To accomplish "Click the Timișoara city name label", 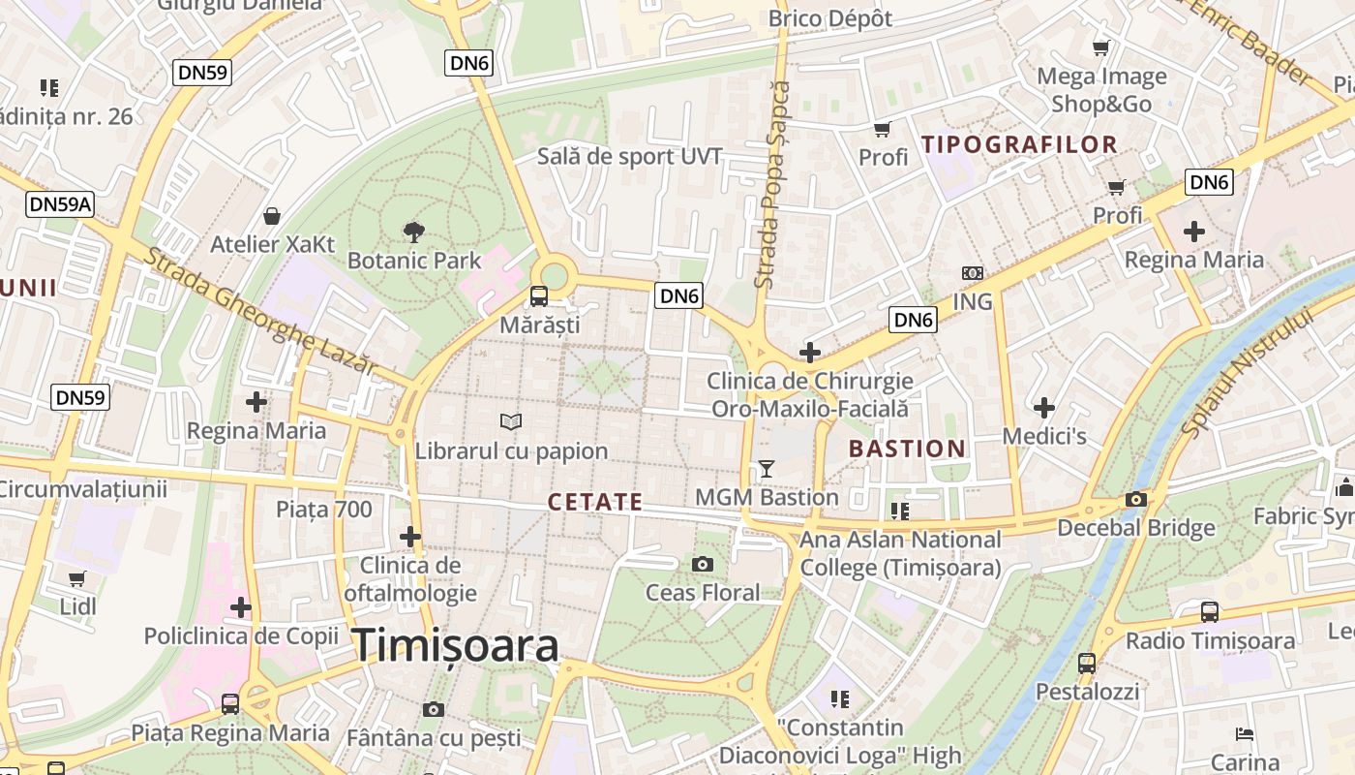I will point(455,645).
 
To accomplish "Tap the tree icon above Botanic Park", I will point(414,232).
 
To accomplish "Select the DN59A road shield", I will point(60,203).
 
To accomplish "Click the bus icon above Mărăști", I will point(539,296).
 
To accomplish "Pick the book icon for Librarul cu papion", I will point(511,421).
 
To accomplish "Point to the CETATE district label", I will point(595,502).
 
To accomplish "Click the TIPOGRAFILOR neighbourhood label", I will point(1019,145).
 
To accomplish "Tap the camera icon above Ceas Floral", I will point(703,564).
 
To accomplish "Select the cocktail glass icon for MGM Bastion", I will point(767,469).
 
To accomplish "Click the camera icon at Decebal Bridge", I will point(1135,500).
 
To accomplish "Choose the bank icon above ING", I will point(973,273).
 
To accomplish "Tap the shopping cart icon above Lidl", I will point(77,578).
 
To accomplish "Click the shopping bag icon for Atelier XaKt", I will point(272,215).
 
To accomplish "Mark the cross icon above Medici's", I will point(1044,408).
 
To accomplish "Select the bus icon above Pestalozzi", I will point(1087,664).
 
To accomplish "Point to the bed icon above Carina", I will point(1245,734).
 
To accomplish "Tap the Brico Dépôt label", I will point(830,18).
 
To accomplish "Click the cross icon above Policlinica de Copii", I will point(241,607).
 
